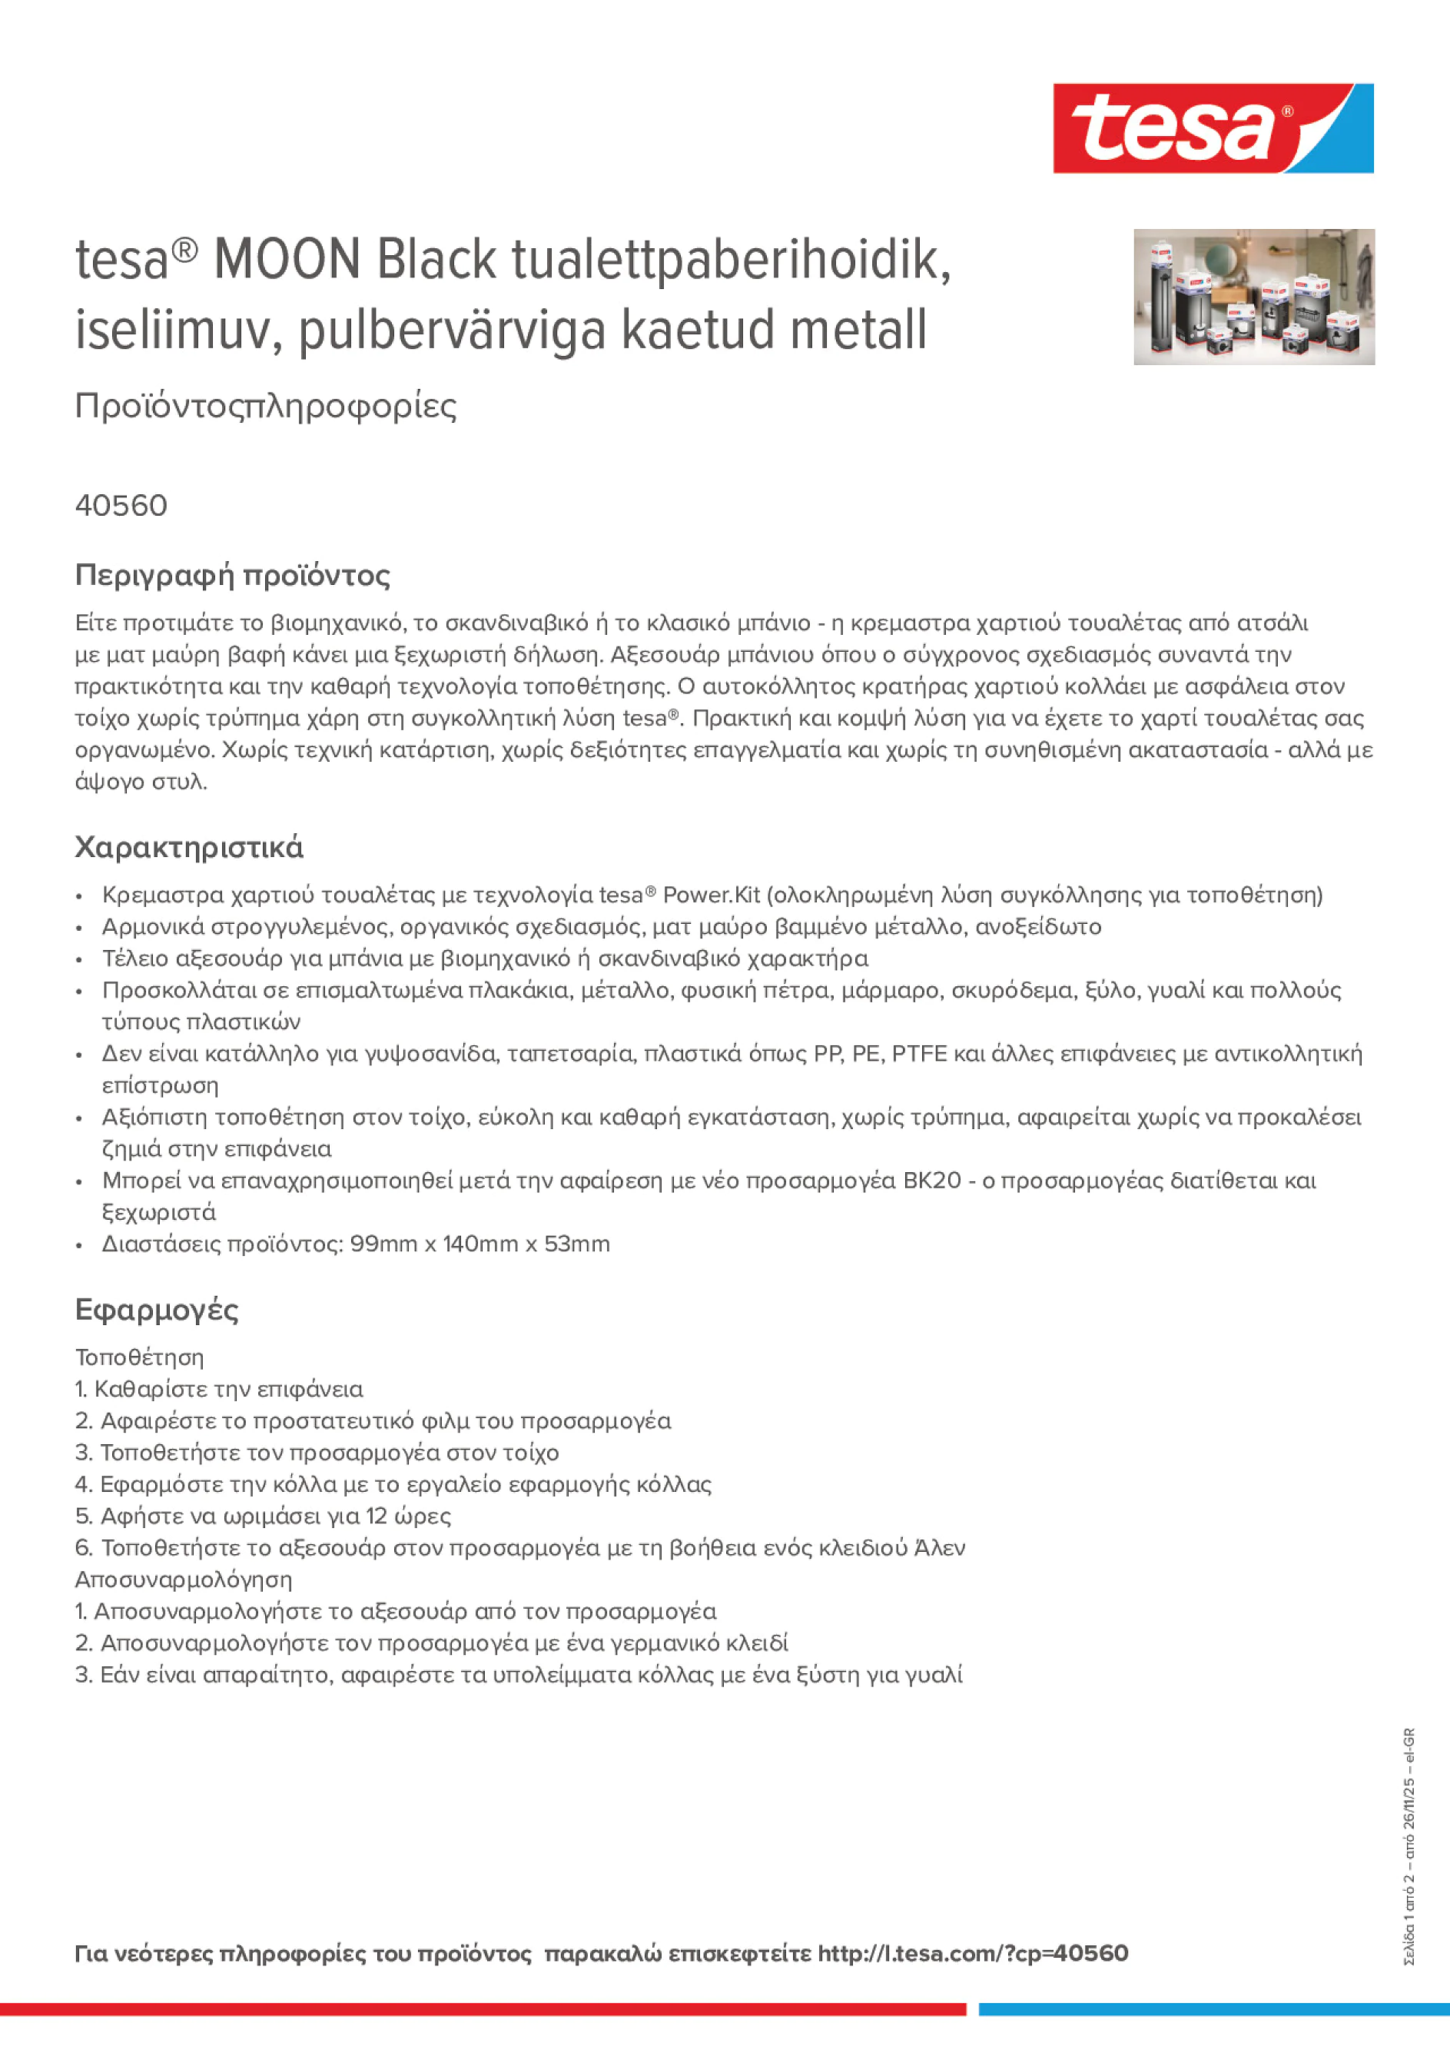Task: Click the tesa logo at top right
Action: point(1213,129)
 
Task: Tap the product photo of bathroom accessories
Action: point(1253,297)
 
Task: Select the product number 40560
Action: point(121,505)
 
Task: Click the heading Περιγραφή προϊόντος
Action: point(232,575)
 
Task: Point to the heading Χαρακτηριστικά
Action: point(188,847)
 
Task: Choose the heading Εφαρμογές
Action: point(157,1310)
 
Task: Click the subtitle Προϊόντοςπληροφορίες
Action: point(266,406)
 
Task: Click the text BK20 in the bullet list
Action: point(931,1181)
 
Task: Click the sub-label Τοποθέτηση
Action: point(139,1357)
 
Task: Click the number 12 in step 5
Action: point(377,1516)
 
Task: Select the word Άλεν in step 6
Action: point(940,1548)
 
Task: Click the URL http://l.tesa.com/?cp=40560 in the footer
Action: point(973,1953)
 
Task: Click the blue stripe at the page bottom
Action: point(1213,2009)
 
